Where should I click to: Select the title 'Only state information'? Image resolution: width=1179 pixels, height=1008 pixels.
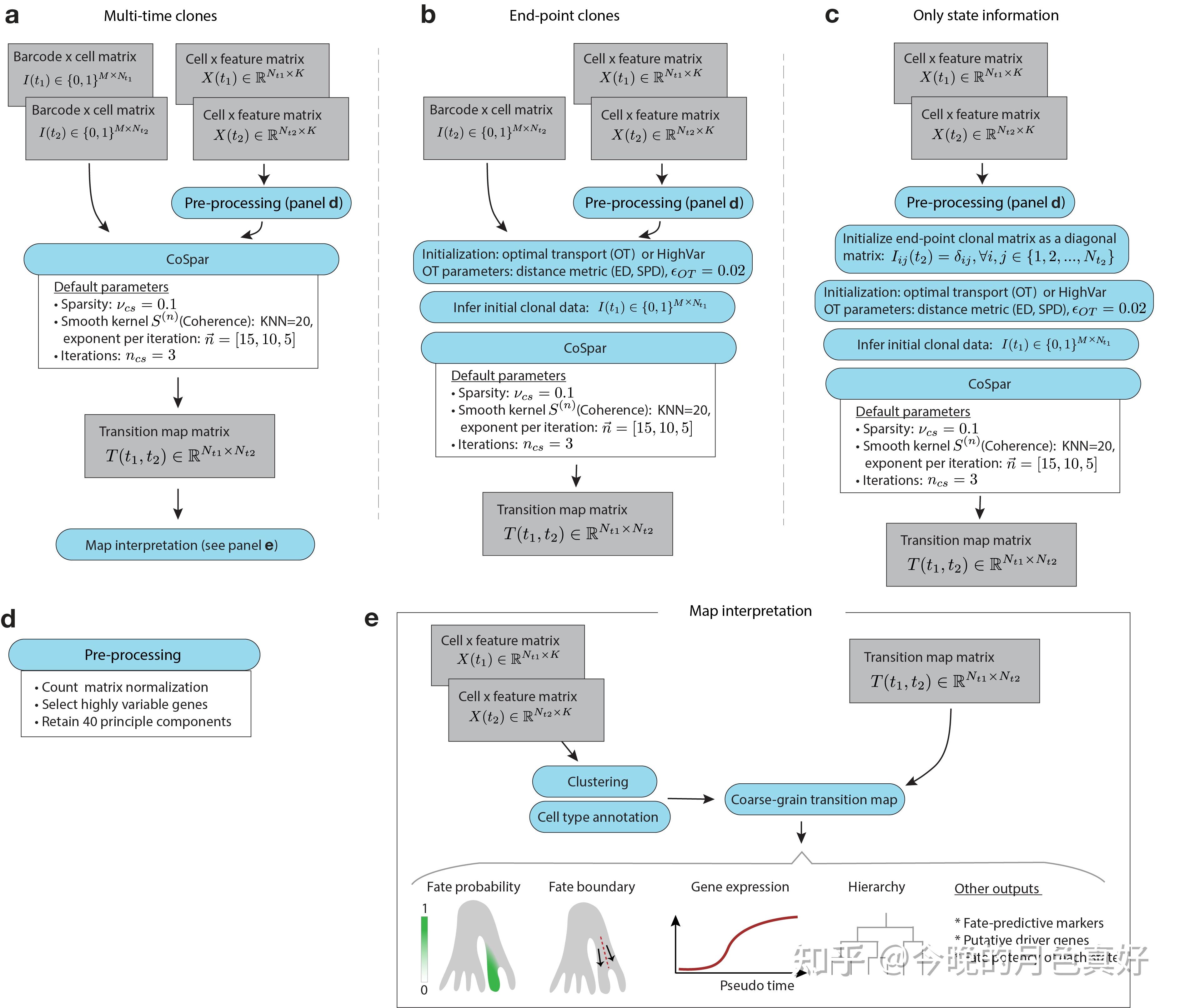(986, 15)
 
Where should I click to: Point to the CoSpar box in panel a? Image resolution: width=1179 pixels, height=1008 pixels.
(181, 259)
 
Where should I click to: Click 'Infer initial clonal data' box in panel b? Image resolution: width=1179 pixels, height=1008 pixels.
(577, 307)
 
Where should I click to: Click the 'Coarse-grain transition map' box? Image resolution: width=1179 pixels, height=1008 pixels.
(814, 799)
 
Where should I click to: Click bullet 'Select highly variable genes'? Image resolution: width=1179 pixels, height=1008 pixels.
(125, 704)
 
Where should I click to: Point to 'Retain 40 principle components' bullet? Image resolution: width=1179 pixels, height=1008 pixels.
(136, 721)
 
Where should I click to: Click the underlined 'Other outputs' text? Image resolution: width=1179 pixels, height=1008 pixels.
(997, 889)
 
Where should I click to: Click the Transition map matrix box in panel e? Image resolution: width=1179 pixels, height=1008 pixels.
(944, 671)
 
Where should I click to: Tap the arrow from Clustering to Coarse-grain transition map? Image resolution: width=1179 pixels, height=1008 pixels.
(690, 799)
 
